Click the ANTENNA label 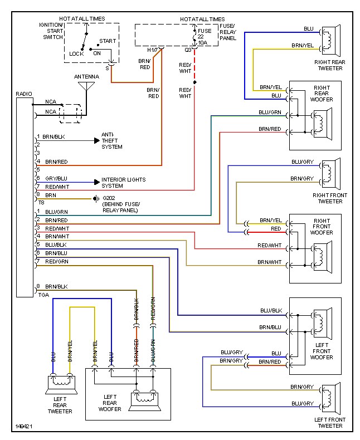click(x=86, y=77)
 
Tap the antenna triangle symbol click(x=86, y=86)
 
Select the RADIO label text click(x=24, y=94)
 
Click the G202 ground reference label click(x=109, y=198)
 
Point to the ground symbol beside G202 click(x=96, y=199)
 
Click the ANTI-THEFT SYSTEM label click(x=112, y=140)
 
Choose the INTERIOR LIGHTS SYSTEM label click(x=124, y=183)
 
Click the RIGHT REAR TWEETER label click(x=330, y=65)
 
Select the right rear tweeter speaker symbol click(x=331, y=41)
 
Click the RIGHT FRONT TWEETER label click(x=330, y=198)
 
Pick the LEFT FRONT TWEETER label click(x=330, y=423)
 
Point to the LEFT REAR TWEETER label click(x=60, y=405)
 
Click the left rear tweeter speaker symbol click(x=61, y=384)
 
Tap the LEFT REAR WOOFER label click(x=110, y=403)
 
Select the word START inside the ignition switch click(x=108, y=41)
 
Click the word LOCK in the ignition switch click(x=76, y=53)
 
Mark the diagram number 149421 click(x=24, y=426)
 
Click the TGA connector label click(x=43, y=295)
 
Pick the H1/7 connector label click(x=153, y=50)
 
